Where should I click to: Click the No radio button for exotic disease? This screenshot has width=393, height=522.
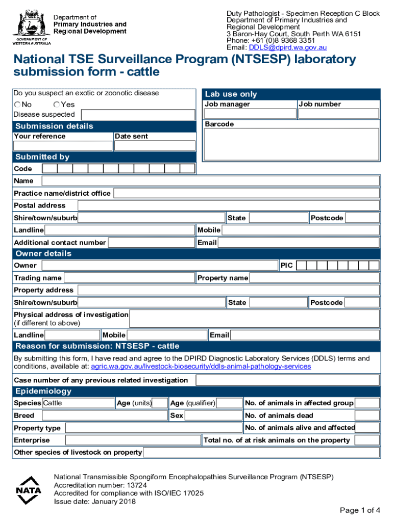(17, 105)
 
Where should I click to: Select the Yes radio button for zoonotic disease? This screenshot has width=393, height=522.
(56, 105)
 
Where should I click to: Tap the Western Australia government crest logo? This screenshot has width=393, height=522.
(31, 25)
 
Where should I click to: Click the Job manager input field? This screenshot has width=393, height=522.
(250, 114)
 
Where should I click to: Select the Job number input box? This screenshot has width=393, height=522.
(338, 114)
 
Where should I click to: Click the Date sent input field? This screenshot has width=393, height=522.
(154, 146)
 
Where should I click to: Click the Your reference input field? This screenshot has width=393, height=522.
(63, 146)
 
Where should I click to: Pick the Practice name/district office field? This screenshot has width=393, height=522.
(246, 193)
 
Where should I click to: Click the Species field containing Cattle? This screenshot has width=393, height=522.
(78, 403)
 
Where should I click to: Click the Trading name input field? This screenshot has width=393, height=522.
(129, 278)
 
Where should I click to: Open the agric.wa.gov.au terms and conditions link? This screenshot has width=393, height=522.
(201, 367)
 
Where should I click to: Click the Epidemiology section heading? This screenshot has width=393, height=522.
(43, 391)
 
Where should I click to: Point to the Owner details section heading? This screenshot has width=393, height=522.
(43, 253)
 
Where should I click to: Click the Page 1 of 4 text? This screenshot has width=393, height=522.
(360, 510)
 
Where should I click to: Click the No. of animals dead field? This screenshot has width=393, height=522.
(366, 415)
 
